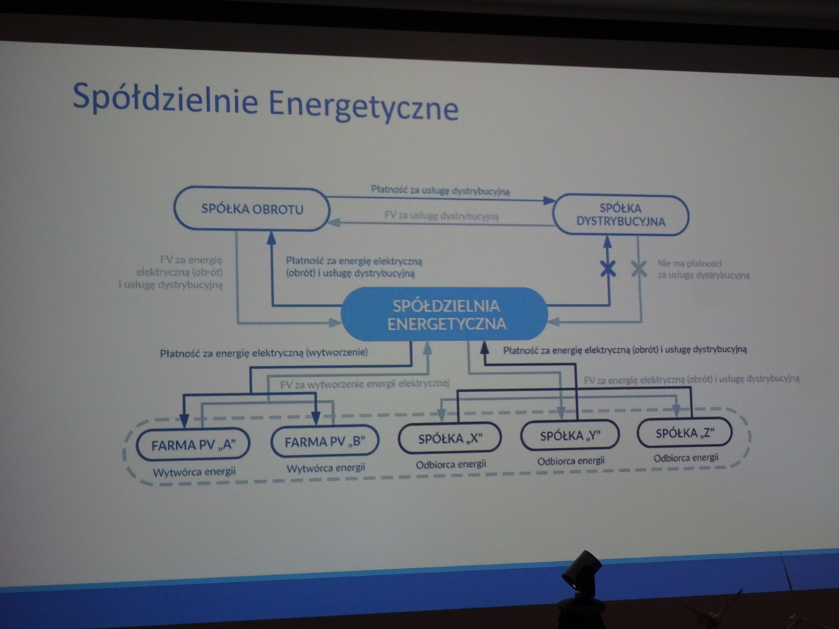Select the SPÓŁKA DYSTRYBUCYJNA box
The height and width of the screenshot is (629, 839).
621,215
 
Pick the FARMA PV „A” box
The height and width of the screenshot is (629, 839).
193,443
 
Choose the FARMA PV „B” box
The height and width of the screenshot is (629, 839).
324,442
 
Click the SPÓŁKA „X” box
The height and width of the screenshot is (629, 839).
450,439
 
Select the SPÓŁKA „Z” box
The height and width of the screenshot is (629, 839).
684,433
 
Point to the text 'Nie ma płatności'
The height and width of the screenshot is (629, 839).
689,264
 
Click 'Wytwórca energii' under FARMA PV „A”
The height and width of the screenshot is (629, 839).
194,471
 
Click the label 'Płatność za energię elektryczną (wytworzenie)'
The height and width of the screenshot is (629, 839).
264,354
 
